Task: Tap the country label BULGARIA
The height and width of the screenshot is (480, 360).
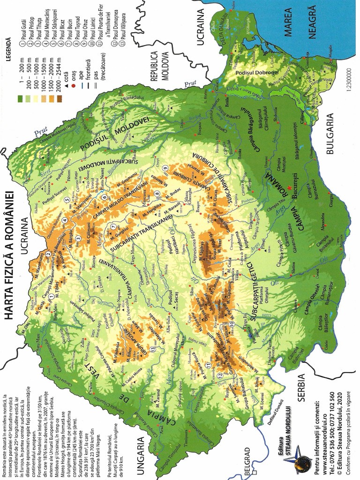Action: pos(334,136)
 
